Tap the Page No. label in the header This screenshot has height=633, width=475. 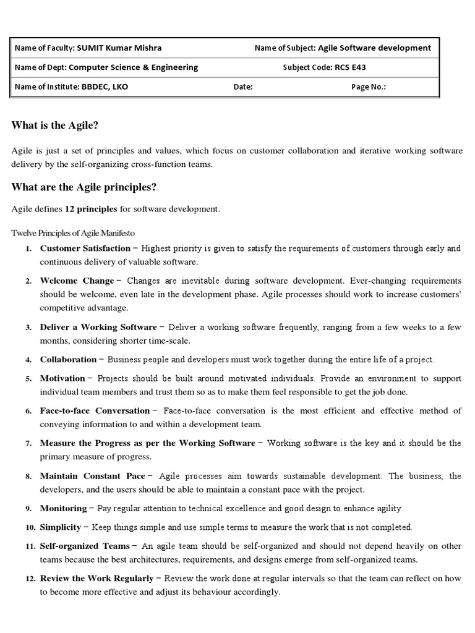[369, 87]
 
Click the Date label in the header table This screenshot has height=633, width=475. [243, 87]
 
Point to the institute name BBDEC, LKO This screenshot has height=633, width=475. [105, 87]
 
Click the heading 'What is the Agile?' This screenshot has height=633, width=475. [56, 126]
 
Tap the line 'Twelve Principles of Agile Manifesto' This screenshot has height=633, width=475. [73, 232]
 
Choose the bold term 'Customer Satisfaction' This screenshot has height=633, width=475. [85, 249]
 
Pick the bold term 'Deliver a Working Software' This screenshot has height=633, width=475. [98, 327]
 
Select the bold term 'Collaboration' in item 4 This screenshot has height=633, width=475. [68, 359]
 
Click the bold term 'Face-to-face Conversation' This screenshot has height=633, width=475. [95, 410]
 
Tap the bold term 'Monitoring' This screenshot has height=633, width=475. [63, 508]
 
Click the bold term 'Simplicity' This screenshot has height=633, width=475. [60, 527]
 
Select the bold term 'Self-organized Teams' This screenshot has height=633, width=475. [85, 546]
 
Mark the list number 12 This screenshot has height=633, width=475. [29, 579]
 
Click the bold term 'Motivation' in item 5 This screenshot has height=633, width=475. [62, 378]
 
